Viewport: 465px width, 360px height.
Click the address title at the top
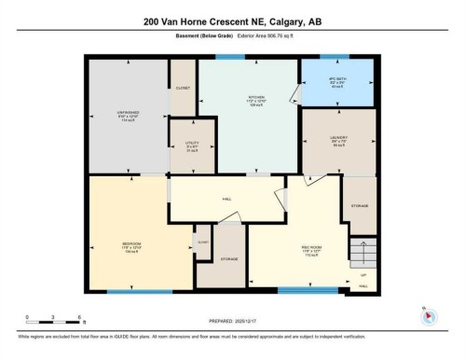(x=232, y=21)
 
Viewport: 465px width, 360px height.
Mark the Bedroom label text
(x=130, y=247)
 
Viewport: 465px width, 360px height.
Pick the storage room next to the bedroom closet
(x=228, y=258)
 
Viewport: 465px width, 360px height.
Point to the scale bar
(x=53, y=323)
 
